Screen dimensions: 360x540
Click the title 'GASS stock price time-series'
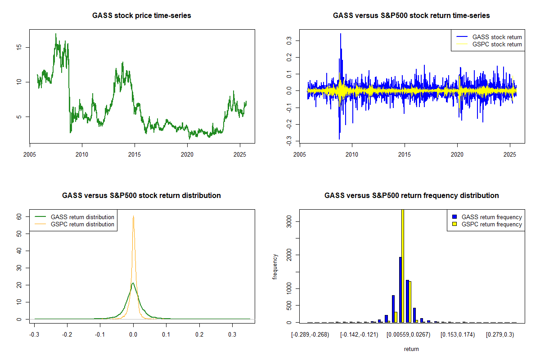pyautogui.click(x=142, y=16)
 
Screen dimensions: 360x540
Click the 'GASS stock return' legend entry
pyautogui.click(x=497, y=37)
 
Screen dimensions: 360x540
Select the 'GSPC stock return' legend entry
pyautogui.click(x=497, y=45)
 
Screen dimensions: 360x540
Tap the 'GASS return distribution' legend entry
pyautogui.click(x=82, y=217)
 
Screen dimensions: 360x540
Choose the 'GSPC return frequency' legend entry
pyautogui.click(x=491, y=224)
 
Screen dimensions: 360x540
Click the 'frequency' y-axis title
pyautogui.click(x=275, y=266)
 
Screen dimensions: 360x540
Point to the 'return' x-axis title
pyautogui.click(x=411, y=349)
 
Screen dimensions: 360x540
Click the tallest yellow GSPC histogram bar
pyautogui.click(x=403, y=265)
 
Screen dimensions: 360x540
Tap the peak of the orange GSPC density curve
pyautogui.click(x=133, y=216)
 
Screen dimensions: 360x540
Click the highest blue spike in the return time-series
pyautogui.click(x=341, y=34)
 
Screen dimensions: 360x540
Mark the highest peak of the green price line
pyautogui.click(x=56, y=34)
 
